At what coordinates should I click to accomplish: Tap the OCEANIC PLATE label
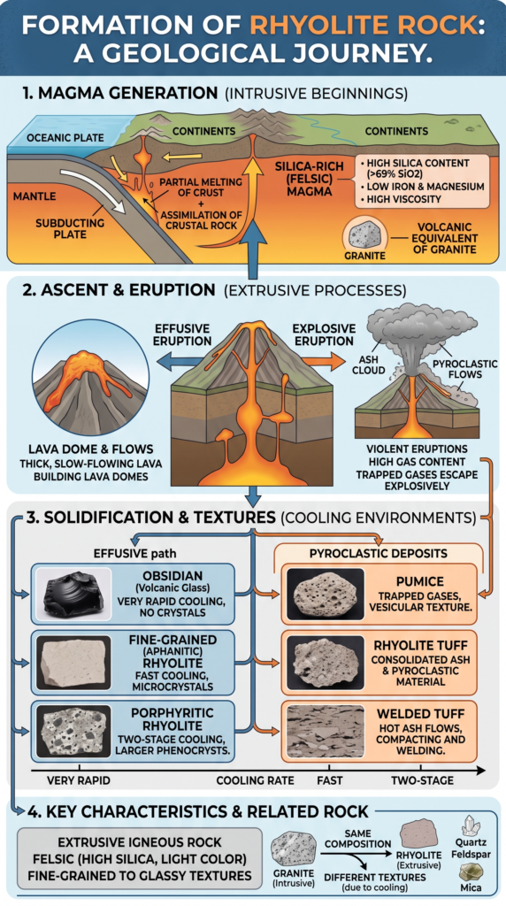pos(65,138)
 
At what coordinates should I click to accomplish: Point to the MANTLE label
pos(34,196)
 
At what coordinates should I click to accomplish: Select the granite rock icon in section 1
pos(364,234)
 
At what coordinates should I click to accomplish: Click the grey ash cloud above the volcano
pos(419,330)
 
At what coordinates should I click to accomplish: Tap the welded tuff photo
pos(326,731)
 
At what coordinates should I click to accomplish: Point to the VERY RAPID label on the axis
pos(79,780)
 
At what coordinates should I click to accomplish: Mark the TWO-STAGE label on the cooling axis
pos(422,780)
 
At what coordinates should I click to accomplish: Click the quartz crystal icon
pos(471,825)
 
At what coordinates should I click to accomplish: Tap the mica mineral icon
pos(471,872)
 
